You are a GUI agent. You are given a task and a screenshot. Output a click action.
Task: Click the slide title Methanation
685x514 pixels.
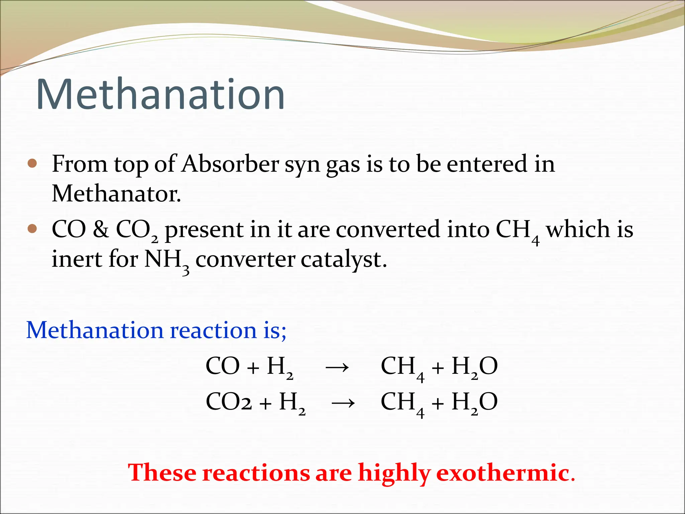coord(161,94)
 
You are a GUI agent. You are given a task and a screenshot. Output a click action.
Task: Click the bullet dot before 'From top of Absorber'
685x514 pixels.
coord(32,164)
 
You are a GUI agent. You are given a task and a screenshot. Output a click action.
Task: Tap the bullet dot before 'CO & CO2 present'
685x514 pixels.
coord(32,229)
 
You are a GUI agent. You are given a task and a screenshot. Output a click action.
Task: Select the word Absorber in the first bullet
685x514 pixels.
coord(230,164)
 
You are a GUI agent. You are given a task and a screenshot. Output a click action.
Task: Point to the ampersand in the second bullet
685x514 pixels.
coord(101,230)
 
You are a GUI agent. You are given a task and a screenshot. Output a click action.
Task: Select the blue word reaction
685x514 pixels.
coord(213,331)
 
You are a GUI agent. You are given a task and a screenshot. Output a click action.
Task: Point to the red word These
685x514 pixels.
coord(163,473)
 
